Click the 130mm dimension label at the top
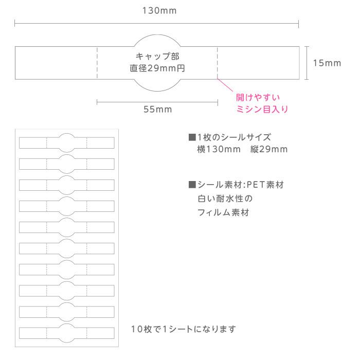[x=159, y=11]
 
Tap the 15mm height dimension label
[x=327, y=63]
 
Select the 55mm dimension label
[x=158, y=109]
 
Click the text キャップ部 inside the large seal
[x=157, y=56]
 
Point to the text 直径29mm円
[x=157, y=68]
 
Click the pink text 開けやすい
[x=258, y=97]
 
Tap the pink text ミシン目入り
[x=262, y=109]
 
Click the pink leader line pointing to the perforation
[x=225, y=85]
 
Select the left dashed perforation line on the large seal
[x=97, y=63]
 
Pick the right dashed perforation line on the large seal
[x=218, y=63]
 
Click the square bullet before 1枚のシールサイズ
[x=192, y=137]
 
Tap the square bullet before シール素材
[x=192, y=185]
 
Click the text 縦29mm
[x=269, y=150]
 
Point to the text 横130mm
[x=219, y=150]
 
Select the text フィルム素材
[x=223, y=212]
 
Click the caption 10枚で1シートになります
[x=183, y=329]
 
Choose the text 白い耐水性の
[x=225, y=199]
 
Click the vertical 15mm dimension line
[x=307, y=63]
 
